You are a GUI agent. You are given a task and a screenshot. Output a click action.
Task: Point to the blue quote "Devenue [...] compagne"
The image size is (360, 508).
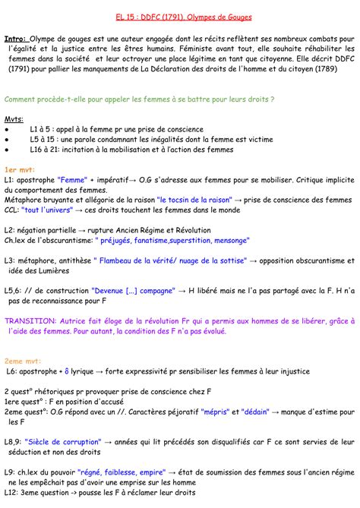tap(133, 289)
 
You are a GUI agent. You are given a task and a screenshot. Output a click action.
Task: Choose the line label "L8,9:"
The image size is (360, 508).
tap(14, 440)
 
